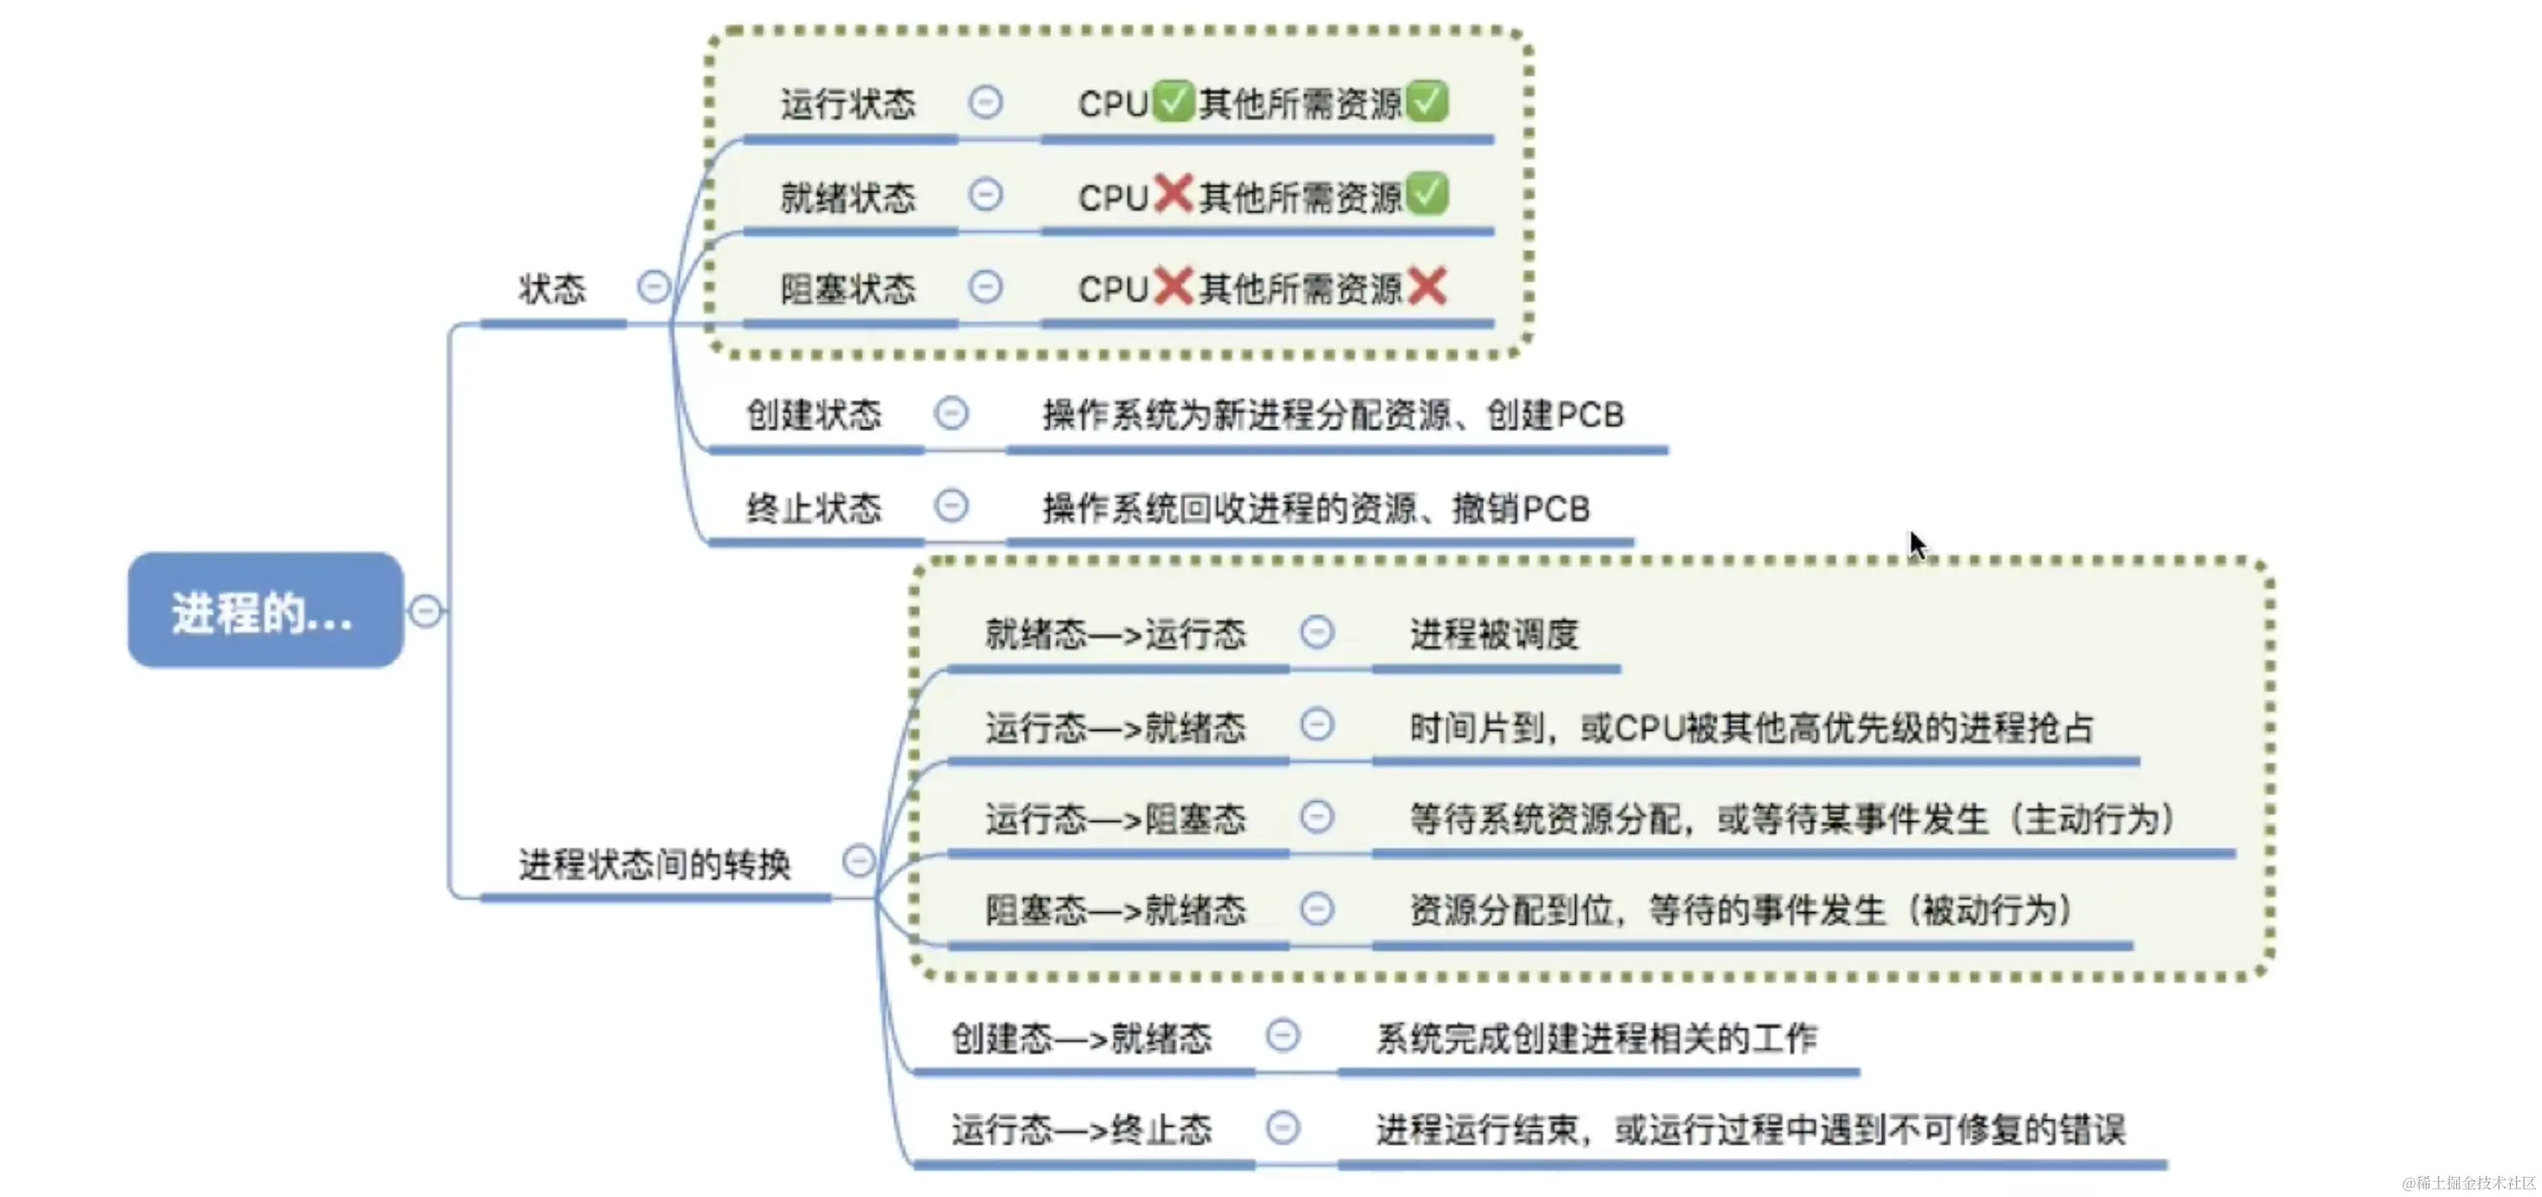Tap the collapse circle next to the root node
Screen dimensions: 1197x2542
point(425,612)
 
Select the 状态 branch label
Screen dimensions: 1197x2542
point(552,289)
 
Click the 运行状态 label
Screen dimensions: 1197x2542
point(847,103)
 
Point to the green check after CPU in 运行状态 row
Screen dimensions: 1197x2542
point(1173,101)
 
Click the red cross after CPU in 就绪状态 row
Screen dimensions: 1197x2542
point(1173,193)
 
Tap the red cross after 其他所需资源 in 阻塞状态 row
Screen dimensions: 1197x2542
point(1427,287)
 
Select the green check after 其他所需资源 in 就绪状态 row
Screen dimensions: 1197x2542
point(1427,193)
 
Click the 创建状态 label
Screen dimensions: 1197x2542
point(813,414)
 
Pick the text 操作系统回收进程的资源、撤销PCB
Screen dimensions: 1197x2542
point(1316,509)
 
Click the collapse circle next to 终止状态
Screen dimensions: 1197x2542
point(952,506)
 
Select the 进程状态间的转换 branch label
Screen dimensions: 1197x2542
point(654,864)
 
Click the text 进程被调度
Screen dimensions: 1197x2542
point(1494,634)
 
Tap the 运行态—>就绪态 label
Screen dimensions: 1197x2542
point(1115,727)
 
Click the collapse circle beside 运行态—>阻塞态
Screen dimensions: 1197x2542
point(1316,817)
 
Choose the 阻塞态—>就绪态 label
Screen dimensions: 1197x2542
point(1115,909)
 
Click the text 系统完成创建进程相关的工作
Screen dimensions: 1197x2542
point(1595,1037)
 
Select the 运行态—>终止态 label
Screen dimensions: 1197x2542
point(1082,1129)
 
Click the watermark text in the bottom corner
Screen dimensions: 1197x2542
point(2468,1182)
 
